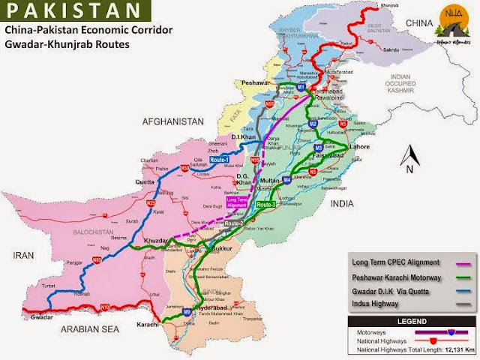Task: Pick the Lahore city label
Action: tap(359, 148)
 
